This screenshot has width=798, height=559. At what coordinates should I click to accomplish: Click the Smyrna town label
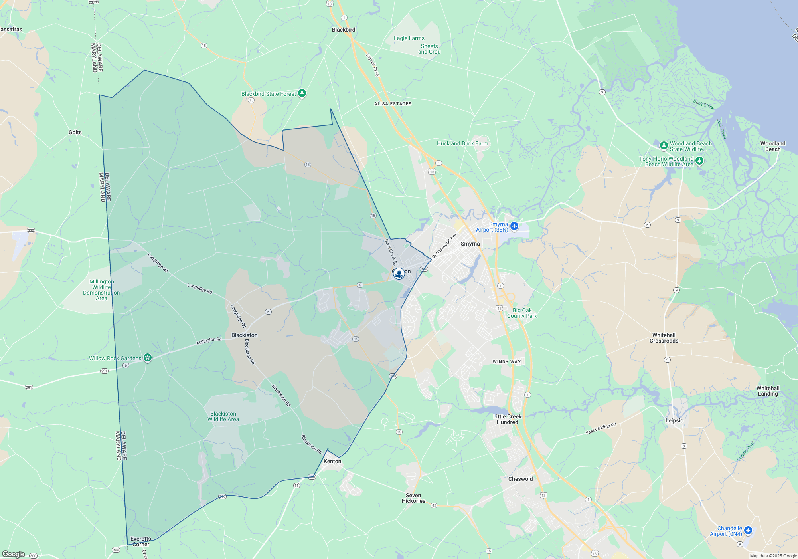tap(470, 244)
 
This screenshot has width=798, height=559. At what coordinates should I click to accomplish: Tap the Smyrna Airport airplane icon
tap(514, 226)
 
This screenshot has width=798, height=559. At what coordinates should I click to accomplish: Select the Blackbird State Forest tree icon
tap(302, 93)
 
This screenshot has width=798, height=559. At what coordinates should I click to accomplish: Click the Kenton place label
tap(332, 461)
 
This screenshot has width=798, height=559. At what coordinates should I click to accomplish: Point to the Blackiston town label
tap(244, 335)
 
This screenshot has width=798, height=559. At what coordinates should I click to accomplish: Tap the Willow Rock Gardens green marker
tap(148, 358)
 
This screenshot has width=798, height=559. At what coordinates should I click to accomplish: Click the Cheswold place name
tap(520, 479)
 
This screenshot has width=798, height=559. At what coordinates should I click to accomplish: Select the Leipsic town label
tap(674, 420)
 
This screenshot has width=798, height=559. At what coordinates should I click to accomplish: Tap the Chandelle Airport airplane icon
tap(748, 530)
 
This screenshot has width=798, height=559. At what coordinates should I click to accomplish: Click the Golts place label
tap(75, 132)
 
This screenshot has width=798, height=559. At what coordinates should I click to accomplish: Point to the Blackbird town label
tap(344, 30)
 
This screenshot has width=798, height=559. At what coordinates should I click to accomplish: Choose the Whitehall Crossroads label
tap(664, 338)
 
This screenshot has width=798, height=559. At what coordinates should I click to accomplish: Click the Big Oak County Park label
tap(522, 313)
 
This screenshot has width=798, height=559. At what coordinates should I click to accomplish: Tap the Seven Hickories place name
tap(413, 498)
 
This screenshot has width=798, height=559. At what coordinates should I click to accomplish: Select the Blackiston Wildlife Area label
tap(223, 416)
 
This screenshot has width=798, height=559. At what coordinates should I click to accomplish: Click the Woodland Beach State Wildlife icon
tap(664, 145)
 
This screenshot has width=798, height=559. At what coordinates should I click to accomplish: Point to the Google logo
tap(14, 554)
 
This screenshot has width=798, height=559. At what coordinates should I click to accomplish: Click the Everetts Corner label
tap(141, 541)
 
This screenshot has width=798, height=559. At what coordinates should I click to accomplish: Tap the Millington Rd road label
tap(209, 341)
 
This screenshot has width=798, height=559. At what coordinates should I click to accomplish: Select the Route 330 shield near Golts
tap(31, 230)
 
